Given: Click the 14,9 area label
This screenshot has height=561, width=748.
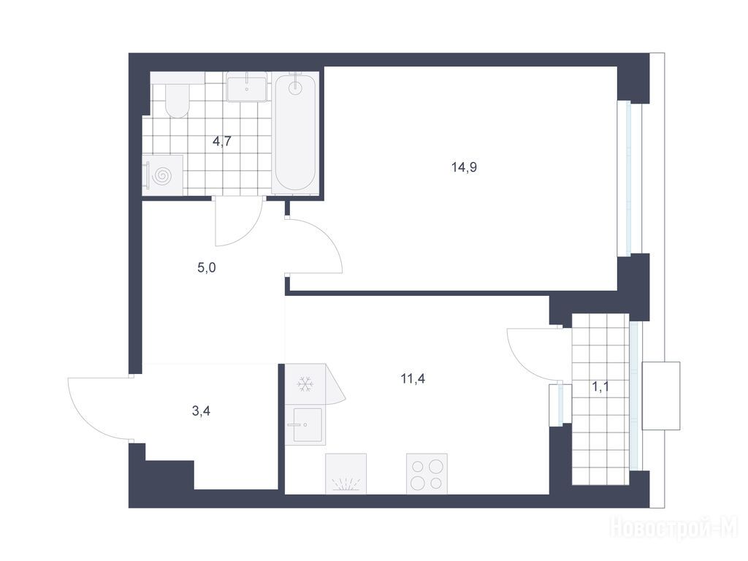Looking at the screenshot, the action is [x=464, y=167].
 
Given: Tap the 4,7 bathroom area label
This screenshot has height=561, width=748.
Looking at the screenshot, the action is [x=222, y=142].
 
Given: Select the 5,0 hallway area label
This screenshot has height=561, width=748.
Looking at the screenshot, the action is [x=207, y=268].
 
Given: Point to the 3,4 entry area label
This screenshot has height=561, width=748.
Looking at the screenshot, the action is [x=201, y=411].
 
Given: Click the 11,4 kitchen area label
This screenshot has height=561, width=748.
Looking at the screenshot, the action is [x=413, y=379].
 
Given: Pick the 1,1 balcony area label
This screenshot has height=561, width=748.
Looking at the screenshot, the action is [x=600, y=387].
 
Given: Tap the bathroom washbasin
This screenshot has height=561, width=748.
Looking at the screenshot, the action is [x=247, y=87].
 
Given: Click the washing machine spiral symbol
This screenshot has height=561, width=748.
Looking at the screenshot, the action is [x=161, y=175].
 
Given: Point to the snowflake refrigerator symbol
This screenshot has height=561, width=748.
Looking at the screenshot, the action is [x=305, y=384].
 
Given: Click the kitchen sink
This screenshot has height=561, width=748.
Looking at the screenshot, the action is [x=308, y=424].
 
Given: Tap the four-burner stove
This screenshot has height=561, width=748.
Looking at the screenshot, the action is [x=427, y=473].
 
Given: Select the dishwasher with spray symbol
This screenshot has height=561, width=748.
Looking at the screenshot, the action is [x=346, y=473].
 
